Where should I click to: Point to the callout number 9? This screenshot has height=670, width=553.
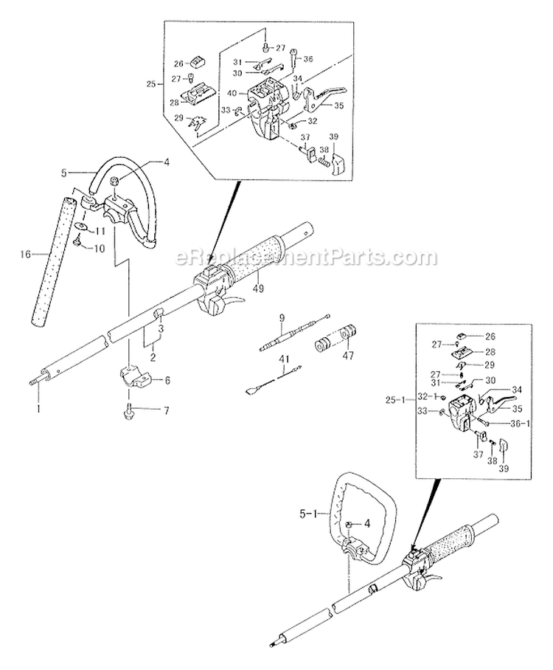(281, 319)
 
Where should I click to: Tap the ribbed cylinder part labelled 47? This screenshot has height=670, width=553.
(336, 341)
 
